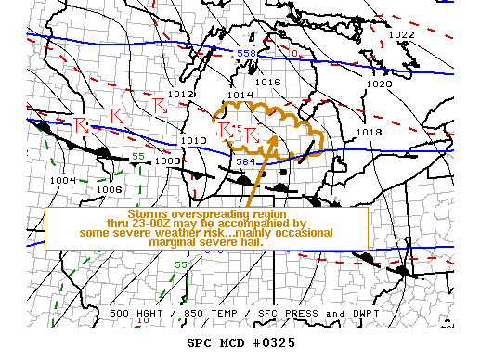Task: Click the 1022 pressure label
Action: click(x=402, y=35)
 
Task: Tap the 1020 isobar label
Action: click(x=379, y=84)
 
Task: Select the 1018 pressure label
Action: click(x=369, y=133)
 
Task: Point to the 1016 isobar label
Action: click(x=268, y=83)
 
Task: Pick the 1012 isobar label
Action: click(x=180, y=95)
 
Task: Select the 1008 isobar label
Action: click(x=167, y=161)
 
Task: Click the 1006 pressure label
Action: click(x=110, y=189)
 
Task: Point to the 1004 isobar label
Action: click(x=63, y=180)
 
